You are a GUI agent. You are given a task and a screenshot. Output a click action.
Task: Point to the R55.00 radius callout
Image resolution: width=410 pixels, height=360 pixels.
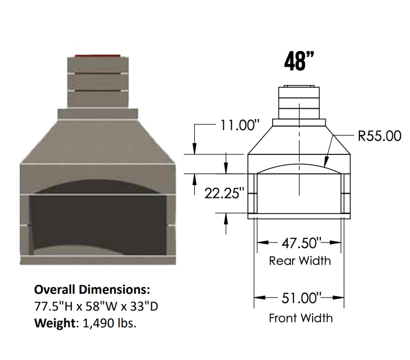(x=379, y=136)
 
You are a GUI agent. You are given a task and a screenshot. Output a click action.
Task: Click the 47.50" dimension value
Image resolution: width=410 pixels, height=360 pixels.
(x=299, y=242)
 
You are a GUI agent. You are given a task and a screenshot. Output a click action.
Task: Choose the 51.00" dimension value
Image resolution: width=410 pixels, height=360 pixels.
(x=299, y=297)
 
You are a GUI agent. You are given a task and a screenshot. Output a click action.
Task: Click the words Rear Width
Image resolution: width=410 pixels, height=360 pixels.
(x=300, y=261)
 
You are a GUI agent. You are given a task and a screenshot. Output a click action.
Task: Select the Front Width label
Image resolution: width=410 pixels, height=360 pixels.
(x=300, y=318)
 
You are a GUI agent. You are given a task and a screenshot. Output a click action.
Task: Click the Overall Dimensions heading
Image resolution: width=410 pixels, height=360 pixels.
(x=92, y=289)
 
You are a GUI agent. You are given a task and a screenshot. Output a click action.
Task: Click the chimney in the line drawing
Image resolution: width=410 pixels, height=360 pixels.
(x=299, y=103)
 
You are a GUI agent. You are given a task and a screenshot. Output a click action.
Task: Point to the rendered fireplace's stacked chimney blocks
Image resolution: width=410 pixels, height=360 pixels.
(x=97, y=82)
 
